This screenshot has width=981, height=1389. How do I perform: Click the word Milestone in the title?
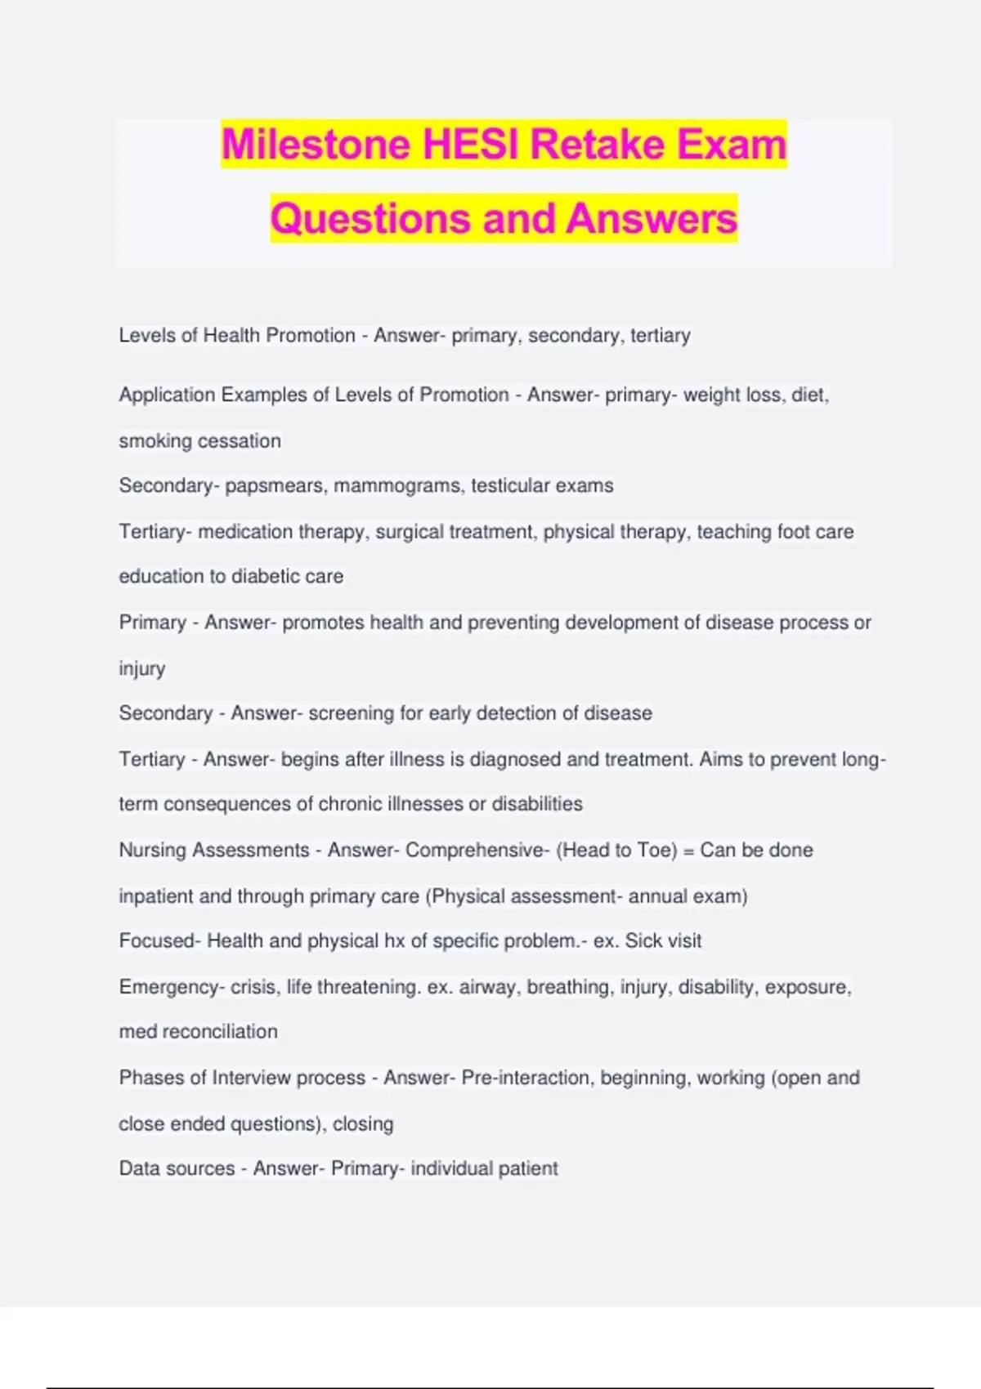(316, 145)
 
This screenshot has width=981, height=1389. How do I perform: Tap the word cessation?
(240, 441)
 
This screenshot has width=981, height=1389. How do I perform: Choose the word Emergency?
(167, 987)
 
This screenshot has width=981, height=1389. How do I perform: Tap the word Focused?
(156, 941)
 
